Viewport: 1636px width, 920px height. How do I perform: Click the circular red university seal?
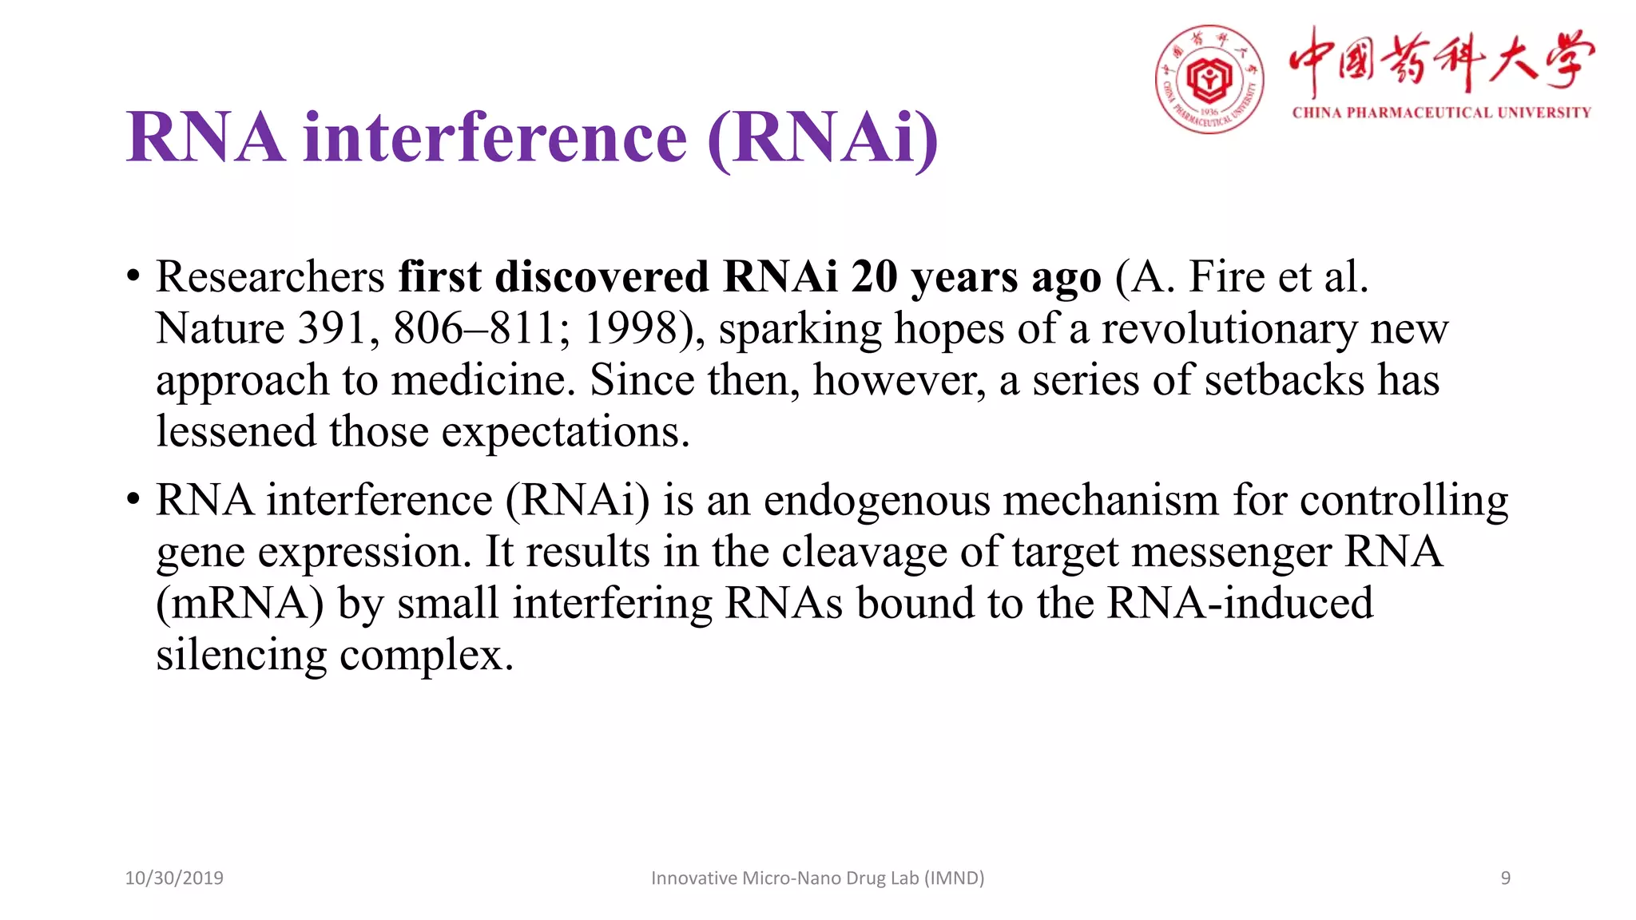click(1209, 79)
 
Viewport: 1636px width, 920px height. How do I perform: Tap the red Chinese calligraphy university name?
click(1441, 60)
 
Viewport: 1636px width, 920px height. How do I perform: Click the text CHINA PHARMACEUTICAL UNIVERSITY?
click(1441, 113)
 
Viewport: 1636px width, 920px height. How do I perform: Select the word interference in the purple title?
click(494, 137)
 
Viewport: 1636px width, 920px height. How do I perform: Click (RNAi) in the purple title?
click(823, 137)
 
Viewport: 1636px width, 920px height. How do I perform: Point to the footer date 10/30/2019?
click(174, 878)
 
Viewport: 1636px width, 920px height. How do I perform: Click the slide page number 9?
click(1505, 878)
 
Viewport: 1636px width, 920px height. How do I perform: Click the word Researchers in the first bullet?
click(270, 277)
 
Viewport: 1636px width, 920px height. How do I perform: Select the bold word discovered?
click(601, 277)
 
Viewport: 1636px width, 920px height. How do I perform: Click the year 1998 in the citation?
click(631, 328)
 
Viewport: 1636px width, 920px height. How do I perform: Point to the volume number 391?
click(332, 328)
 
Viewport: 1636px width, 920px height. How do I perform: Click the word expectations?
click(565, 433)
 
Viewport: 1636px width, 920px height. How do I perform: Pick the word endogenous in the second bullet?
click(876, 502)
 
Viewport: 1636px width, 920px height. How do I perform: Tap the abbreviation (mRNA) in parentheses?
click(240, 604)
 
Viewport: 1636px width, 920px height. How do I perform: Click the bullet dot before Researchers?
click(133, 277)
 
